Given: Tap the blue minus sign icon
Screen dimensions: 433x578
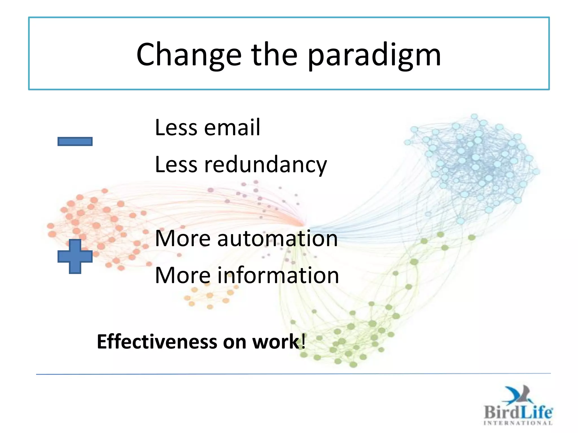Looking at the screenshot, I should click(75, 141).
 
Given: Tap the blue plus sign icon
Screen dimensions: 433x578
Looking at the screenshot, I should click(75, 256).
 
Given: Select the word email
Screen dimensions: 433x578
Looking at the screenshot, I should click(232, 127).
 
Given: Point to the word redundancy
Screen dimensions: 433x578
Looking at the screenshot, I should click(266, 165).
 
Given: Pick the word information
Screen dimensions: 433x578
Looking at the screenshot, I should click(278, 275).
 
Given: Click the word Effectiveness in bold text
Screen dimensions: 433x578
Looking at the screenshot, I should click(157, 342).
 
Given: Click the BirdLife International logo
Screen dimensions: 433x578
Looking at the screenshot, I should click(518, 406).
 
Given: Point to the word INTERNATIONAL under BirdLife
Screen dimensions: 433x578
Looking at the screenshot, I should click(518, 423).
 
